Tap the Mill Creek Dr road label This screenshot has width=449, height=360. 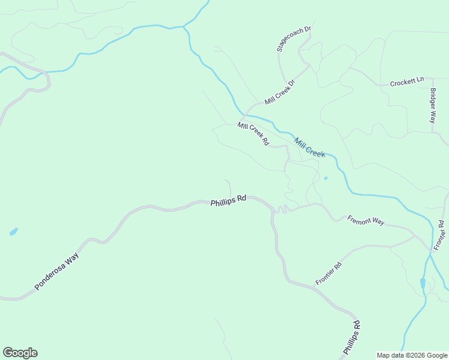coord(280,92)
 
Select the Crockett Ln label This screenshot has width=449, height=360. coord(407,82)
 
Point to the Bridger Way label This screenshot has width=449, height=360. coord(433,106)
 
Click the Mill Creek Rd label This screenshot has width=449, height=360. coord(253,134)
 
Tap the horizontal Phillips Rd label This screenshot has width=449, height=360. coord(229,203)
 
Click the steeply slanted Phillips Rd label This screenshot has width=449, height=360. coord(352,337)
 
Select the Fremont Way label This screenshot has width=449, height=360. coord(366,220)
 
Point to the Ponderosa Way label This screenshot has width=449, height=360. coord(56,272)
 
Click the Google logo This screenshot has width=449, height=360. coord(20,353)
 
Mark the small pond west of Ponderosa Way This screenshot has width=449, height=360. coord(13,232)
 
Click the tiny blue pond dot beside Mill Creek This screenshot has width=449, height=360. coord(325,178)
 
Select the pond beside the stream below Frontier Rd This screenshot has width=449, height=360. coord(423,283)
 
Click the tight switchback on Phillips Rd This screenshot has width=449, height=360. coord(281,208)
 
